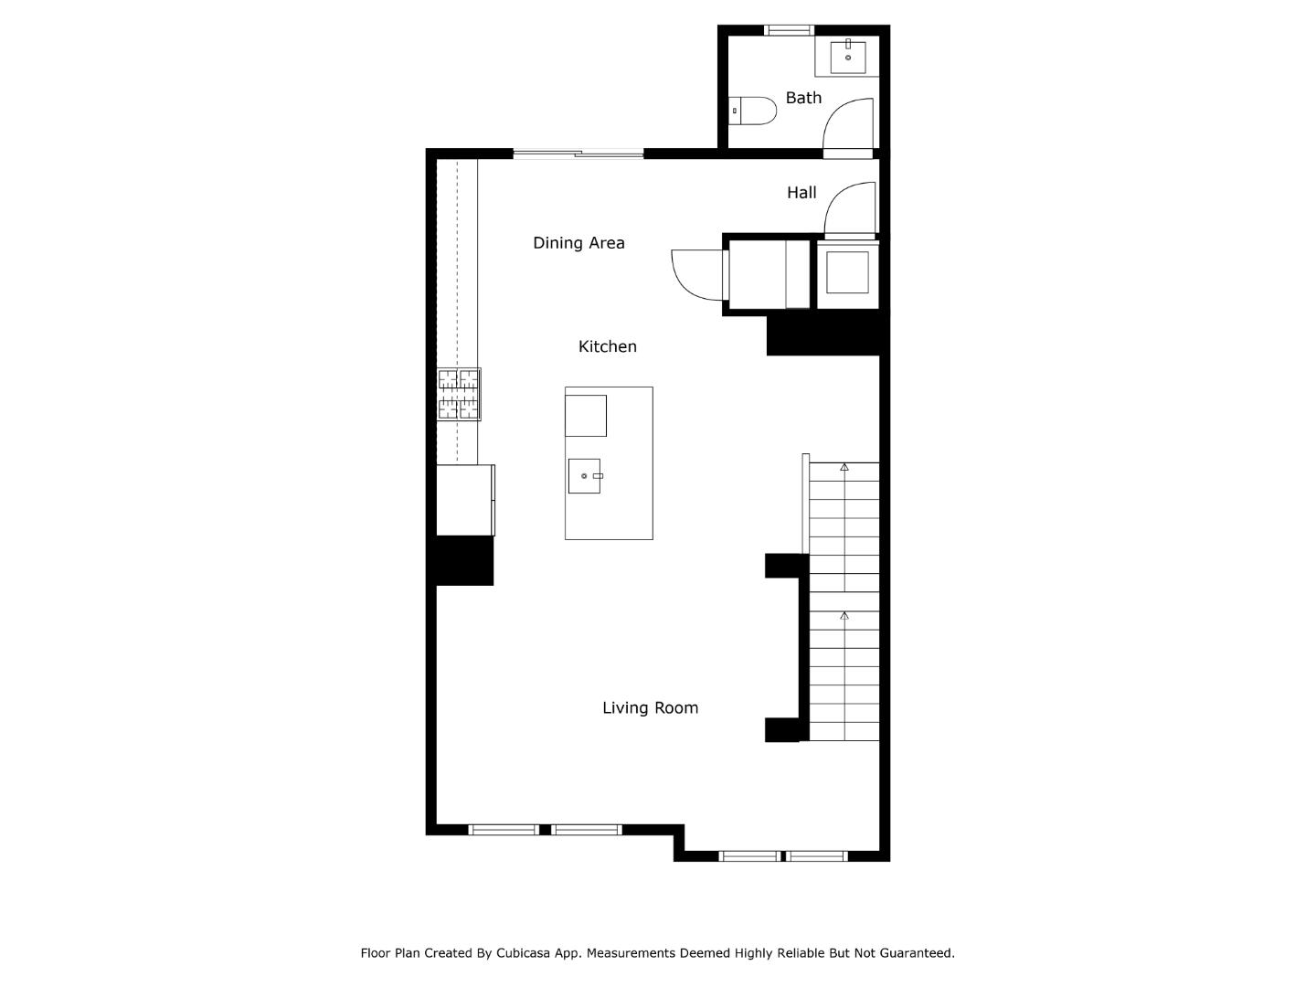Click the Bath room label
tap(803, 98)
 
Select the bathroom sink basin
tap(848, 57)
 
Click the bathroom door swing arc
tap(847, 123)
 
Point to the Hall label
tap(801, 193)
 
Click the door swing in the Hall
tap(849, 207)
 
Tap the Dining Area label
tap(578, 243)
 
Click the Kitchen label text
tap(607, 346)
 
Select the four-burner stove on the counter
tap(459, 394)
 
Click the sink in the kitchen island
tap(585, 476)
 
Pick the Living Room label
tap(650, 708)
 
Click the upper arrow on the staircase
tap(844, 467)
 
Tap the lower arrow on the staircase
tap(844, 616)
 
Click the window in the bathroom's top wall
tap(789, 30)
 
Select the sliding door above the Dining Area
tap(578, 154)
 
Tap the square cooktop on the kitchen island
tap(586, 416)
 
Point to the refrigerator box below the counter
tap(464, 500)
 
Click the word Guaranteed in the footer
tap(917, 953)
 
